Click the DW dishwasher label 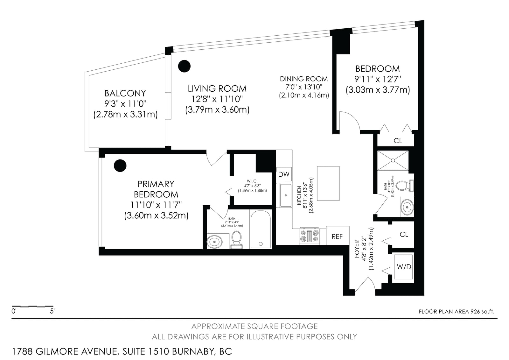pyautogui.click(x=284, y=174)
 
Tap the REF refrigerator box pyautogui.click(x=338, y=236)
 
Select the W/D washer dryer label pyautogui.click(x=404, y=267)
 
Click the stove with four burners pyautogui.click(x=309, y=236)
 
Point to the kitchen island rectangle pyautogui.click(x=328, y=183)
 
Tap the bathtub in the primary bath pyautogui.click(x=261, y=229)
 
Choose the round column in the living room pyautogui.click(x=184, y=66)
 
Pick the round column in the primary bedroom pyautogui.click(x=120, y=166)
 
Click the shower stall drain pyautogui.click(x=393, y=160)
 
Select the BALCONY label pyautogui.click(x=125, y=93)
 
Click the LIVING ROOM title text pyautogui.click(x=217, y=88)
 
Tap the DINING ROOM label pyautogui.click(x=304, y=79)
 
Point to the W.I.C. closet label pyautogui.click(x=252, y=181)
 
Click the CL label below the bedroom pyautogui.click(x=398, y=141)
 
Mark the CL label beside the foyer pyautogui.click(x=404, y=234)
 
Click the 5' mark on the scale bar pyautogui.click(x=52, y=311)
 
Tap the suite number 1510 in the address pyautogui.click(x=159, y=351)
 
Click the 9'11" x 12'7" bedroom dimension pyautogui.click(x=378, y=79)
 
